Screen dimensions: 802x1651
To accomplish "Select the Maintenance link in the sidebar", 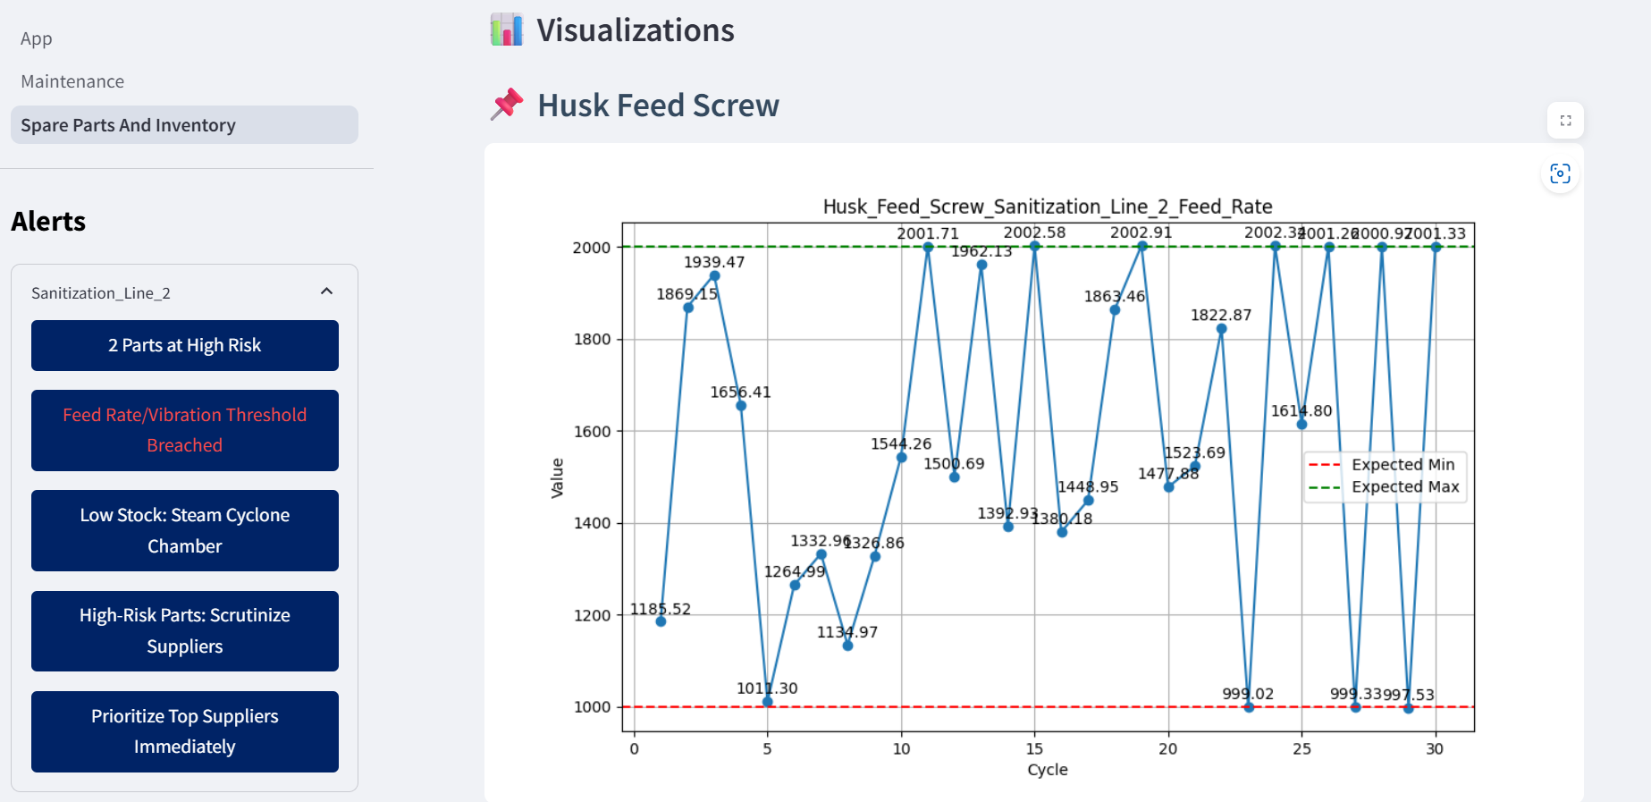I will click(x=72, y=81).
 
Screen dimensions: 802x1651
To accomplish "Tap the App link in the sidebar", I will click(x=37, y=38).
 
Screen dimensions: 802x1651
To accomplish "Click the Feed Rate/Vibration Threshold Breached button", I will click(x=184, y=430).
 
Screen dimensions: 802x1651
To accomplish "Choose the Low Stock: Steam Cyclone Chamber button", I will click(x=184, y=530).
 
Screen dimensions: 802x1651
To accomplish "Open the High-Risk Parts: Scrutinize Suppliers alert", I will click(x=184, y=630).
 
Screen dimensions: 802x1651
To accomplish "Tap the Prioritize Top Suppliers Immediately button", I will click(x=184, y=731).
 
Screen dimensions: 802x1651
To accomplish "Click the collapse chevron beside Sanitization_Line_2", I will click(x=327, y=291).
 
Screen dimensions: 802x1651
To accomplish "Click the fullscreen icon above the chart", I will click(x=1565, y=121).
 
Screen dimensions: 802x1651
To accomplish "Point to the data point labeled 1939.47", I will click(x=714, y=275).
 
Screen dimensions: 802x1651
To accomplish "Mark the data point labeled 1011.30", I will click(x=768, y=702).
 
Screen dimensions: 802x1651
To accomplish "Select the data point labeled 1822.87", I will click(x=1222, y=329).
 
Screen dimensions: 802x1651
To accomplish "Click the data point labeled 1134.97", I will click(x=847, y=646).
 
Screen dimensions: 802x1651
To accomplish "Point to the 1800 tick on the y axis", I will click(x=592, y=339).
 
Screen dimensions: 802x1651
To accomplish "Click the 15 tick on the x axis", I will click(x=1034, y=748).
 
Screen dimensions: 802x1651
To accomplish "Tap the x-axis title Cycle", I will click(x=1047, y=770).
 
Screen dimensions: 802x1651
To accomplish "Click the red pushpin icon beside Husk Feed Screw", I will click(x=507, y=105).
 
